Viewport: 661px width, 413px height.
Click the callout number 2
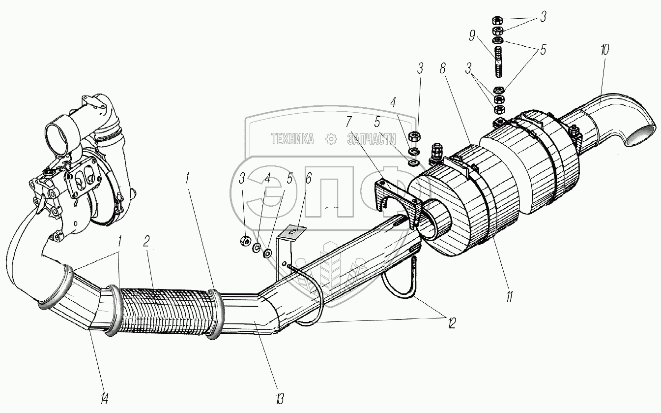146,242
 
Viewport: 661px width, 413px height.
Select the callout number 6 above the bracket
308,179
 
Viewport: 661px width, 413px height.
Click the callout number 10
604,50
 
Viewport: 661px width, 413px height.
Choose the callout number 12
451,323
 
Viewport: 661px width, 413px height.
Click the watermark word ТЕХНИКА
293,140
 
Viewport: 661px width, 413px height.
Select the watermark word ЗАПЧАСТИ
372,140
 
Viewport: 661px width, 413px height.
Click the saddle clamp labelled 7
397,199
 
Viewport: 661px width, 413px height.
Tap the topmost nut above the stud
497,20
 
